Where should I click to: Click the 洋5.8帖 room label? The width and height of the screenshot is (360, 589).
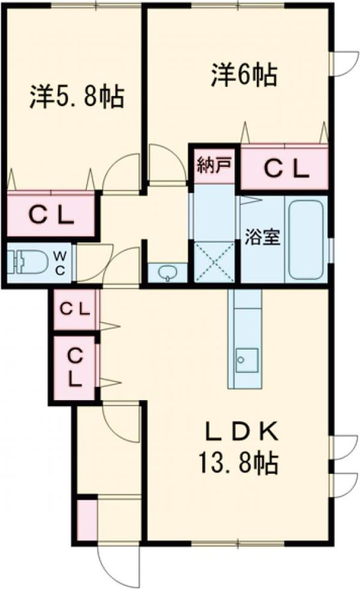click(77, 98)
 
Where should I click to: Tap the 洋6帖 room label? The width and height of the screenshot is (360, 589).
click(244, 75)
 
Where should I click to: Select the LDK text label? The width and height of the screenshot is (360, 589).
click(241, 433)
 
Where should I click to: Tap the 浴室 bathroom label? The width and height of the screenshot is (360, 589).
click(262, 237)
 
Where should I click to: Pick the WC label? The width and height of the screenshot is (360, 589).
click(61, 263)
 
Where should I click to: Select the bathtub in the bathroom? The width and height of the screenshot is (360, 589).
click(306, 239)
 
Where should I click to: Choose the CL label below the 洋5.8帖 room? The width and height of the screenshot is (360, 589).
click(51, 216)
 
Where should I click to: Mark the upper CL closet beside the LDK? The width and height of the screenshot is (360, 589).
click(75, 309)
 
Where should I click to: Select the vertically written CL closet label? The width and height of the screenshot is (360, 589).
click(75, 368)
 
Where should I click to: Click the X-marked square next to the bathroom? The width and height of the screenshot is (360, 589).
click(214, 262)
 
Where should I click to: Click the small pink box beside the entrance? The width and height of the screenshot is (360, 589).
click(87, 519)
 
